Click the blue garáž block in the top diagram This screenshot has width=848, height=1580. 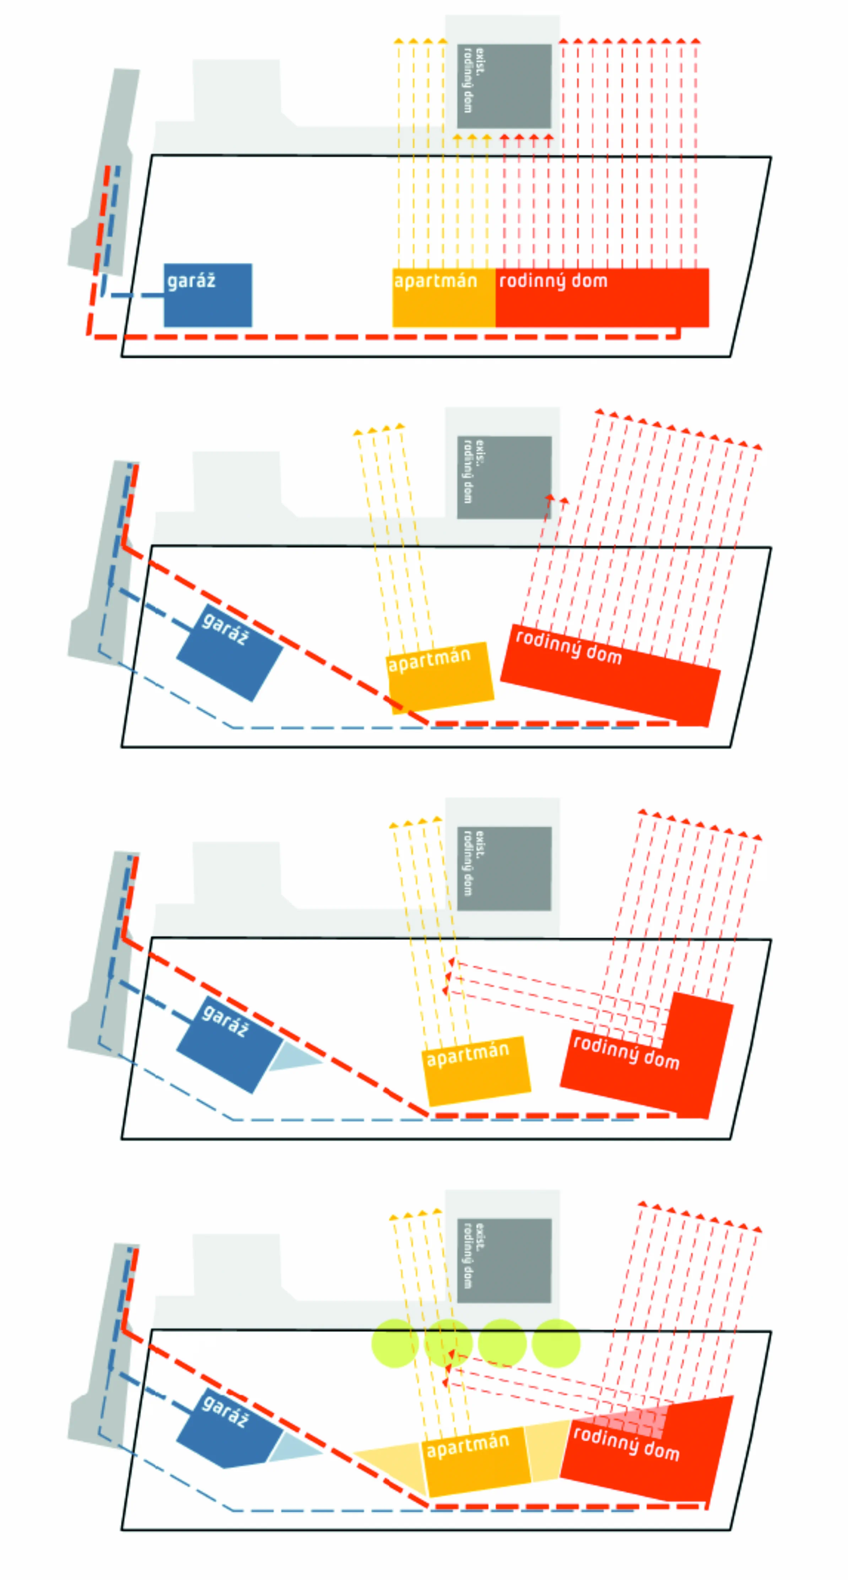coord(207,301)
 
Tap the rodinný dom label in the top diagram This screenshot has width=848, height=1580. coord(553,281)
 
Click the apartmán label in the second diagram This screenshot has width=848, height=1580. coord(429,660)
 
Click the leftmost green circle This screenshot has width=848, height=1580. coord(395,1343)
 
